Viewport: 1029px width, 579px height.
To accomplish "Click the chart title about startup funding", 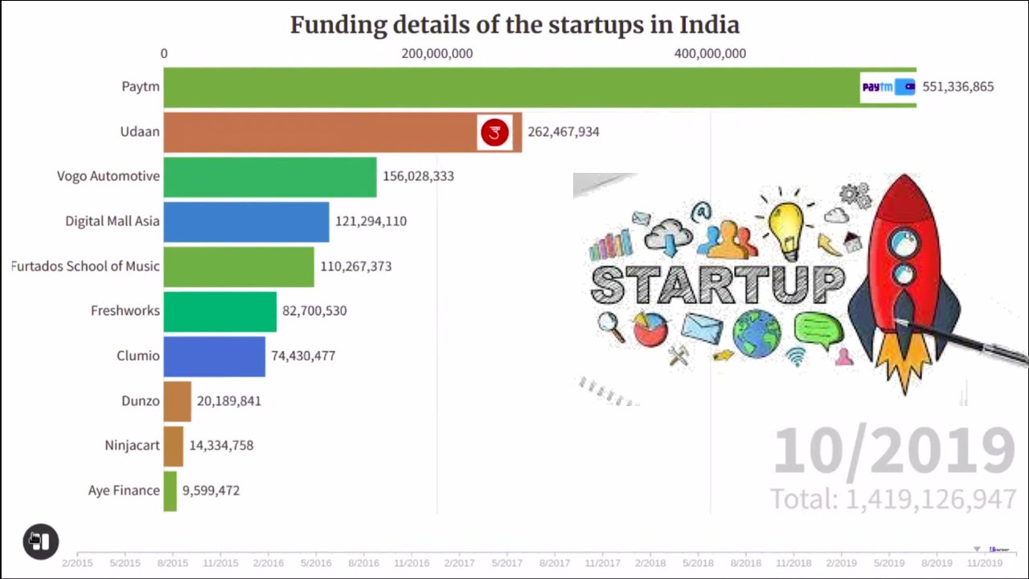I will point(514,25).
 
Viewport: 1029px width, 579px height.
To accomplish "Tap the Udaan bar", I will point(322,132).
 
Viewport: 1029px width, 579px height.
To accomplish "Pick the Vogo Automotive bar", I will point(270,176).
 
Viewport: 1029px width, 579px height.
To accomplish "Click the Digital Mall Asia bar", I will point(246,221).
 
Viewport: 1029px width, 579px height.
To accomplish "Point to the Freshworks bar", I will point(220,311).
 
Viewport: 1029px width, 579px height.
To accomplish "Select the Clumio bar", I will point(215,356).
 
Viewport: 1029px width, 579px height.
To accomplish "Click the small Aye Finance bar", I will point(170,491).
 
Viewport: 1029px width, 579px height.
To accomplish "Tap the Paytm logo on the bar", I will point(888,87).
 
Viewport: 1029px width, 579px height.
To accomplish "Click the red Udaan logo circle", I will point(494,132).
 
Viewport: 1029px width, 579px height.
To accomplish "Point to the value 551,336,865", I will point(957,87).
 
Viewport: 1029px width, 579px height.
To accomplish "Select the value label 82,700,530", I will point(314,311).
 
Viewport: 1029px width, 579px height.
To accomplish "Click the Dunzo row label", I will point(141,400).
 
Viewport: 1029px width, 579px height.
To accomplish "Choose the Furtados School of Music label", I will point(85,266).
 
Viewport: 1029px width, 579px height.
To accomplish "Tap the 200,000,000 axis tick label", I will point(437,54).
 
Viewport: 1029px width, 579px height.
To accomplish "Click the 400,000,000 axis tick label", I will point(710,54).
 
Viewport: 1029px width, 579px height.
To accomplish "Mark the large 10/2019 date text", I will point(894,452).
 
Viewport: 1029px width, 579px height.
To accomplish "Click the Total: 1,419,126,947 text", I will point(893,499).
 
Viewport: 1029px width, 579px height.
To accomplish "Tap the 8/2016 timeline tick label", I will point(363,563).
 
